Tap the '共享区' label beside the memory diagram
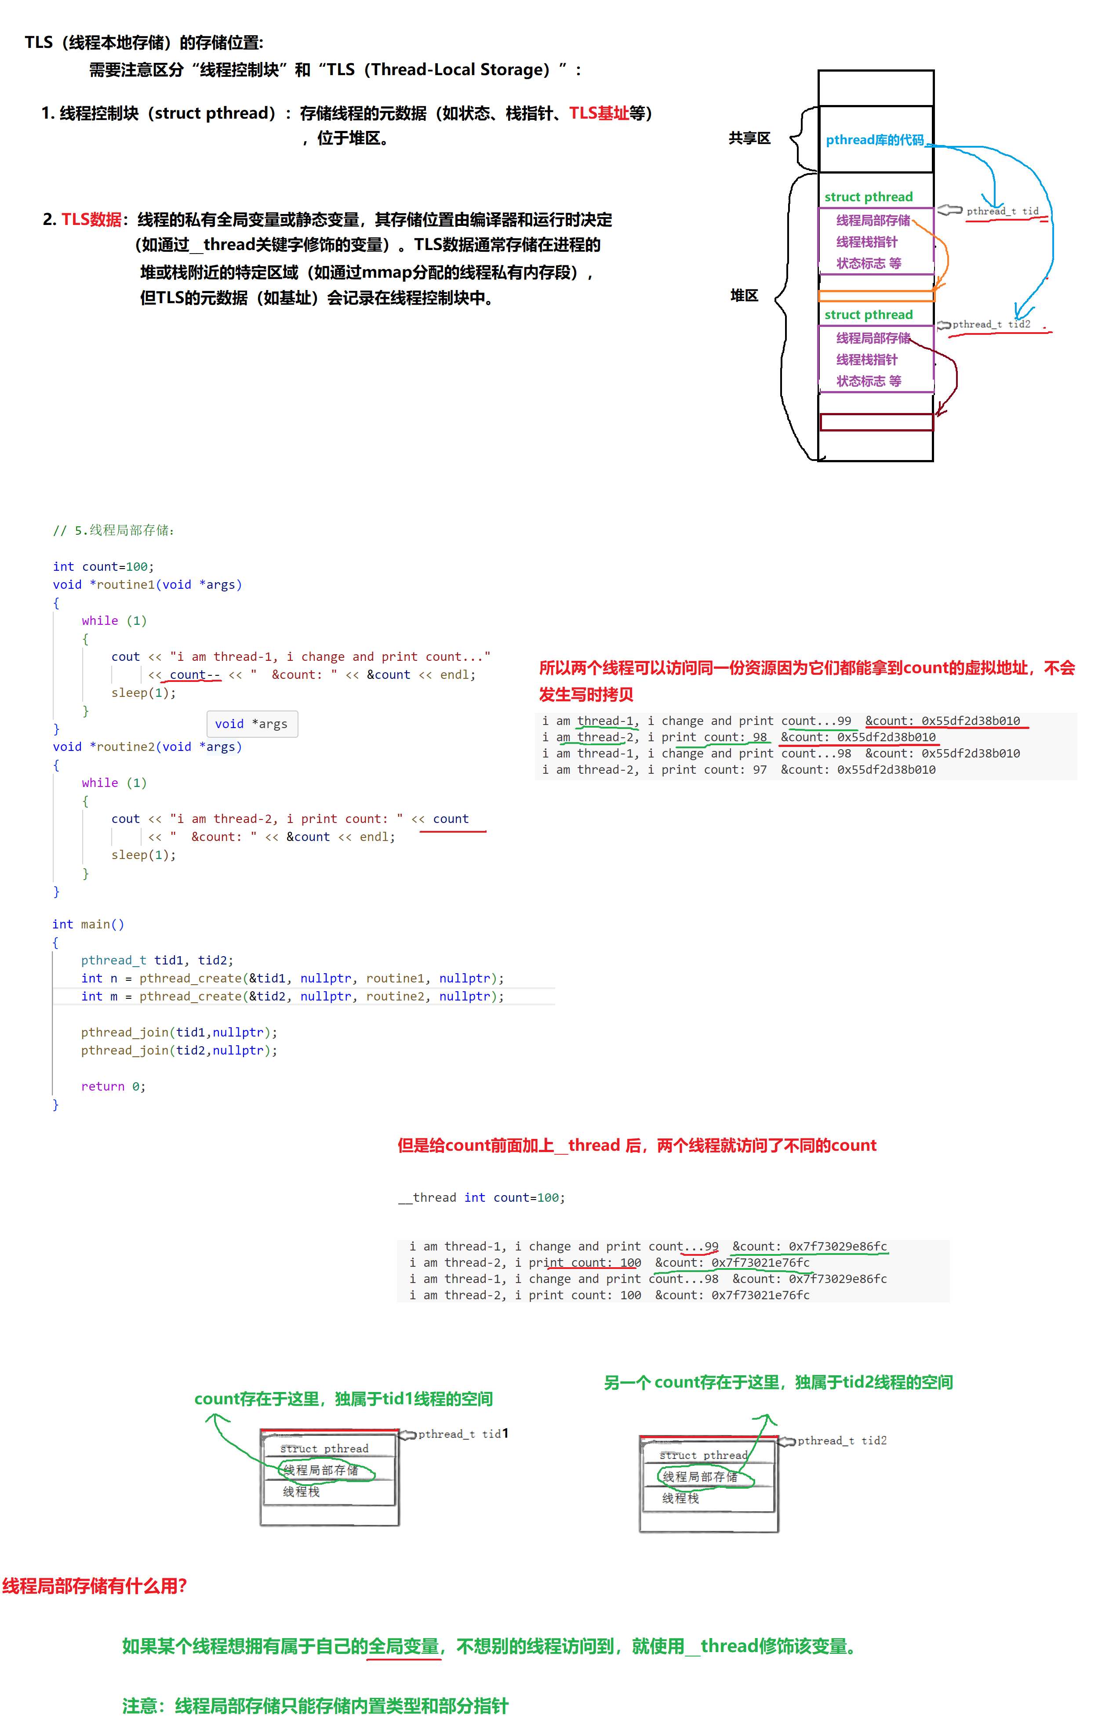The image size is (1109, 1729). [749, 138]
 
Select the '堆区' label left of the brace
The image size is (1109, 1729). [744, 295]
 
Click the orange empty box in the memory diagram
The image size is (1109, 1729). [876, 296]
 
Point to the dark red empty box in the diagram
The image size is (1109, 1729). [876, 422]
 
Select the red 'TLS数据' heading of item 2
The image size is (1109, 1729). [91, 220]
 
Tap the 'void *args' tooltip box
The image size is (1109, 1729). [251, 723]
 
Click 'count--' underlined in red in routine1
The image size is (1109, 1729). [194, 674]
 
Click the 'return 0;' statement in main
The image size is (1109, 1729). [113, 1086]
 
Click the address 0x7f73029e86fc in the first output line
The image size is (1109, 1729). [837, 1246]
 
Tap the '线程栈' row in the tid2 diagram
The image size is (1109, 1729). [680, 1498]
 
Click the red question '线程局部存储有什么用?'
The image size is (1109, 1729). [95, 1586]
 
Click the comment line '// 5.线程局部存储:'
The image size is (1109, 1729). [114, 530]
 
